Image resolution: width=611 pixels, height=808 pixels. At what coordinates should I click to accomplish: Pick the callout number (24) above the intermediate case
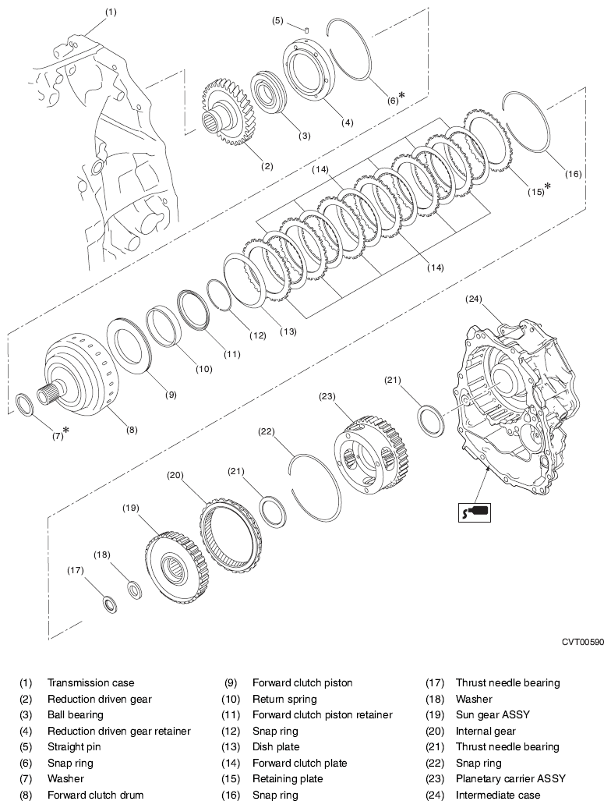point(477,299)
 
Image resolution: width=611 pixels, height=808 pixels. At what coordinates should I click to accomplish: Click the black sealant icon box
point(473,512)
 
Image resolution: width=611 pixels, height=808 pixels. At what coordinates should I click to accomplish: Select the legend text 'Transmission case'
point(91,682)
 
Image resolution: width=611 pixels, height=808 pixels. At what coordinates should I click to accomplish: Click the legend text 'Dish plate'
point(276,746)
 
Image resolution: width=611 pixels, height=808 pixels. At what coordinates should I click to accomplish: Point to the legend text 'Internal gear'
point(486,731)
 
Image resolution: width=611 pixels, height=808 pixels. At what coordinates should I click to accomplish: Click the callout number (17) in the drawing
point(76,570)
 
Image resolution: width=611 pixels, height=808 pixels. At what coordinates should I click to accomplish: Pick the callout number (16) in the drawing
point(573,174)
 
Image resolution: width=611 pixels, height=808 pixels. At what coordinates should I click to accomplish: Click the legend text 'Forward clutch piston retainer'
point(322,714)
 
